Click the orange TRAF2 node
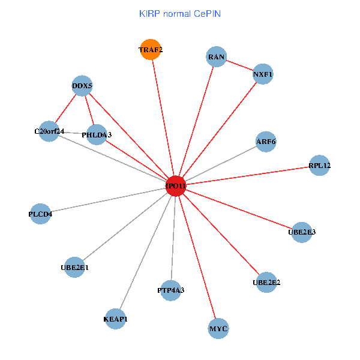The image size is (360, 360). point(151,49)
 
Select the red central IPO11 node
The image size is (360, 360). point(176,186)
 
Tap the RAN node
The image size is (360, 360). point(216,57)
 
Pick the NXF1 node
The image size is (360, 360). point(263,74)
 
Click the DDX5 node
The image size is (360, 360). point(82,86)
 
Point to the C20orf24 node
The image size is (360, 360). point(49,131)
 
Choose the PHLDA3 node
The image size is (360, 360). point(97,135)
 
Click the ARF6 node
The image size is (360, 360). point(266,142)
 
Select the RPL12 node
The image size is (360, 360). point(320,165)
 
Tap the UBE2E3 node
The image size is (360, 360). point(302,232)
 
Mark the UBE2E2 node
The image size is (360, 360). point(267,281)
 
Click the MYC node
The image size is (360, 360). point(218,329)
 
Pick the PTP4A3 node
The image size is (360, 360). point(171,290)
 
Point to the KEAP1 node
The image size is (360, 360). point(116,319)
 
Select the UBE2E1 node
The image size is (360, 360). point(74,267)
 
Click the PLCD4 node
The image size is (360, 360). point(40,214)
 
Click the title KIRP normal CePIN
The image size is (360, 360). point(180,13)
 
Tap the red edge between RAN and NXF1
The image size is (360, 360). point(239,66)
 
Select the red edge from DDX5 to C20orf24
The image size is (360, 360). point(66,108)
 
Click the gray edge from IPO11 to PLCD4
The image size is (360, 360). point(108,200)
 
